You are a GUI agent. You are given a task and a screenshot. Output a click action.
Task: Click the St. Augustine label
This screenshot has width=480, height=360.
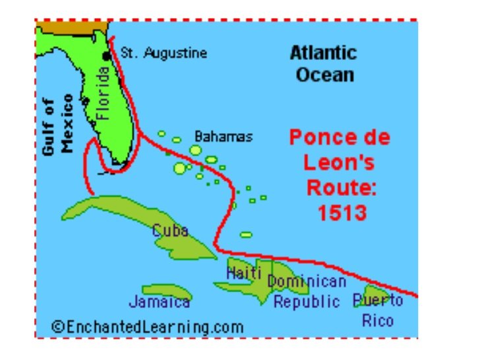click(x=163, y=53)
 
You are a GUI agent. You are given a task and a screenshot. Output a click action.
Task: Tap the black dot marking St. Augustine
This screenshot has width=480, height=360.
click(x=106, y=56)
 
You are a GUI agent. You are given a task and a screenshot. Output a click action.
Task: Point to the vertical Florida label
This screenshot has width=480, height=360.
click(x=102, y=96)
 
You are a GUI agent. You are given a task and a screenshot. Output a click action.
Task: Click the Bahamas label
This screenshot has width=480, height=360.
click(x=223, y=136)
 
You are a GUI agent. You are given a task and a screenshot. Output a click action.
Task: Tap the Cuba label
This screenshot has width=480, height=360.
click(x=170, y=231)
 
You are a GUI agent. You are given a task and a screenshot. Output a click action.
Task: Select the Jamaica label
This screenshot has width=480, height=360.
click(x=159, y=302)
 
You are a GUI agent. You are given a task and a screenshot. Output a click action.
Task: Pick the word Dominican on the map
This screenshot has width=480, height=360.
click(x=307, y=282)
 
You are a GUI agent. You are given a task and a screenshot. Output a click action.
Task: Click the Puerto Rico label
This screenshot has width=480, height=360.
click(x=378, y=311)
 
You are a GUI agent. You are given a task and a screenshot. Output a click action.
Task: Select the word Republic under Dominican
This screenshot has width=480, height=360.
click(x=307, y=302)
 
